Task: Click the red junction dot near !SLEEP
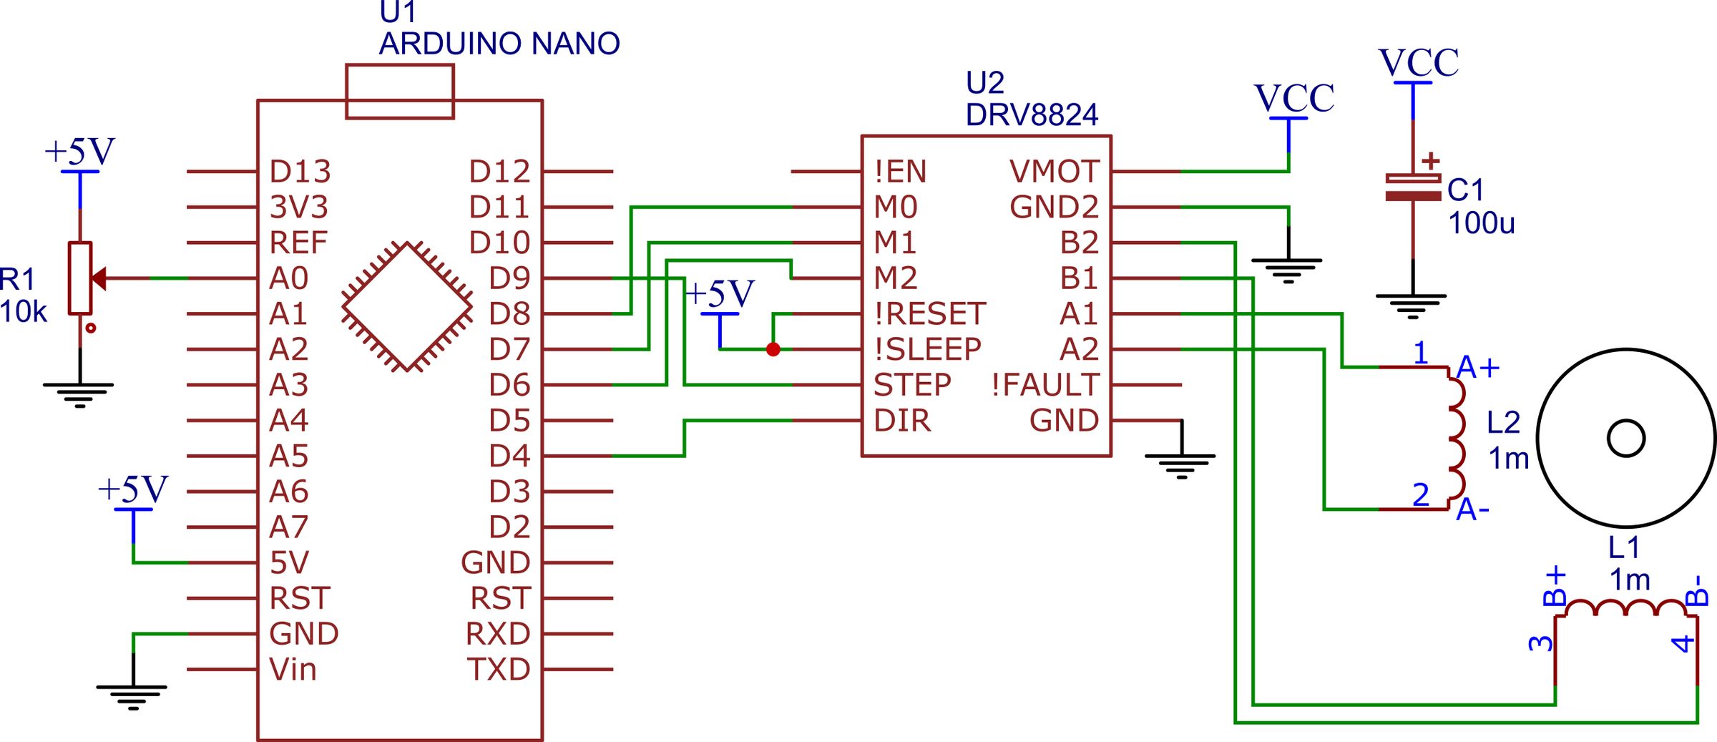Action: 773,349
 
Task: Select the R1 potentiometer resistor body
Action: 79,278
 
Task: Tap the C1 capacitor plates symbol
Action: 1413,187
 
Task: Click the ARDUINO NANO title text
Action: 499,44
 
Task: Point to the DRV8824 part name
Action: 1031,114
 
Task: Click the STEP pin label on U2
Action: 912,385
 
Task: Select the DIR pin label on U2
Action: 902,421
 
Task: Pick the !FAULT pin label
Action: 1045,385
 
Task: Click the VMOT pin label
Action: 1054,172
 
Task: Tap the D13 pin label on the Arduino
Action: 300,172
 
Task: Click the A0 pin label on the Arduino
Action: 288,278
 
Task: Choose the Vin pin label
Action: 293,670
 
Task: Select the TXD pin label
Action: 499,670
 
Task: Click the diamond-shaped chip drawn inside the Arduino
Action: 407,307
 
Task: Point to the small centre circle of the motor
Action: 1626,438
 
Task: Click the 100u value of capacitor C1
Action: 1481,223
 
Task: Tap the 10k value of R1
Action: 24,312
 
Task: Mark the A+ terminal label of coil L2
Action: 1477,367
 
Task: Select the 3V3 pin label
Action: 298,208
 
